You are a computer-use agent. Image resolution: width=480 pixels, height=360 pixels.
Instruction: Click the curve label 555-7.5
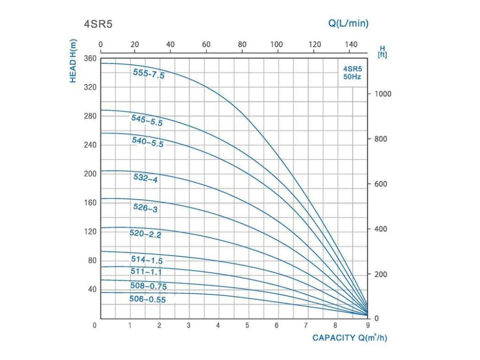[148, 74]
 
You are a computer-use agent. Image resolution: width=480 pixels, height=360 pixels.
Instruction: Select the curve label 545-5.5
[147, 120]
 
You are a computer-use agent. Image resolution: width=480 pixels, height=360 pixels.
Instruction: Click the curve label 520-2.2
[145, 234]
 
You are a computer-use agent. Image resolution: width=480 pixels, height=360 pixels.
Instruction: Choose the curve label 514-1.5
[147, 260]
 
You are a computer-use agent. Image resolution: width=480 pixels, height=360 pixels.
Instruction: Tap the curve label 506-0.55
[148, 299]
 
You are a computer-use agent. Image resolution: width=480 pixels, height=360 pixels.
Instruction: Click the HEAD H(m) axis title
[73, 61]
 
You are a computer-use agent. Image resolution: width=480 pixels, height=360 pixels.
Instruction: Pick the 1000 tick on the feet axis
[382, 94]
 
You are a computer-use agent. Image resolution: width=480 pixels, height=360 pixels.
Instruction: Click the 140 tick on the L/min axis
[350, 45]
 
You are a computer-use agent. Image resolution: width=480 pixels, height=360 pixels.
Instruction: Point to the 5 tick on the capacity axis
[247, 325]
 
